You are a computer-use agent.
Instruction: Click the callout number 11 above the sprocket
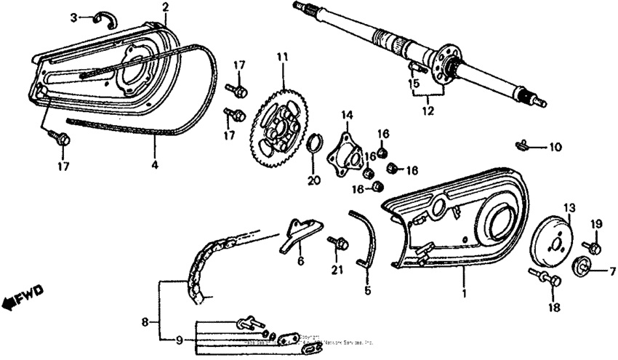click(281, 56)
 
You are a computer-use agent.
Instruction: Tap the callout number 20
click(313, 180)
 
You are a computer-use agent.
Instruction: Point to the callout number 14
click(347, 115)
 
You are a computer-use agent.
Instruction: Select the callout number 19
click(595, 223)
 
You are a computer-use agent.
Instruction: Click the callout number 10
click(555, 147)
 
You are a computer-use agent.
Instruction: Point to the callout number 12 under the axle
click(428, 111)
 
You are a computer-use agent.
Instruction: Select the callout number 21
click(335, 270)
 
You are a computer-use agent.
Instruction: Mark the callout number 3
click(74, 16)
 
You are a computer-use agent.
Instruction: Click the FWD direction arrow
click(23, 295)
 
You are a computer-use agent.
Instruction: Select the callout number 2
click(165, 7)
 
